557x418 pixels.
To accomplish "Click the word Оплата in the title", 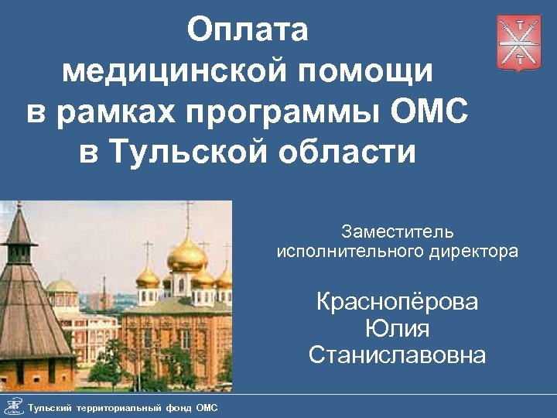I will [247, 31].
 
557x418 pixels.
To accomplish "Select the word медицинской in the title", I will [164, 72].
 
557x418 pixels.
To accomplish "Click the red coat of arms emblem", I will [518, 43].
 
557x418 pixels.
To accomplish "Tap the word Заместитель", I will [398, 231].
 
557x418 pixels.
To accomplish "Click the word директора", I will [471, 251].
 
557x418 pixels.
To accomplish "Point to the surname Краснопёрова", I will [398, 301].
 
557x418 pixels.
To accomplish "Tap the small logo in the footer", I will [12, 406].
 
